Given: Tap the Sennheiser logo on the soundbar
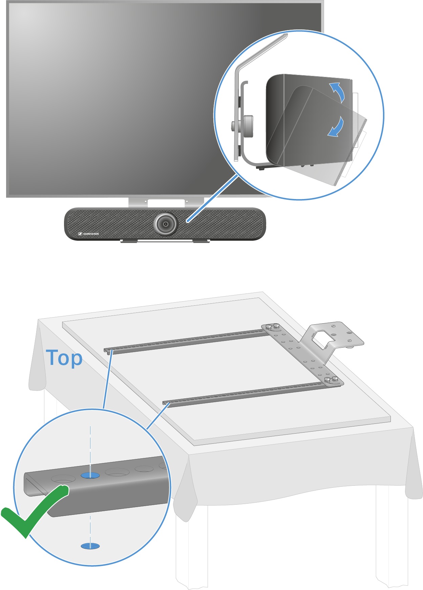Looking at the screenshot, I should (x=88, y=234).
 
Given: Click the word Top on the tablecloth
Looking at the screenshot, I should (x=64, y=358).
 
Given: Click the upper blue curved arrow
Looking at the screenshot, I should (x=338, y=91).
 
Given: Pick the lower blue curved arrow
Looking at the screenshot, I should (x=337, y=128).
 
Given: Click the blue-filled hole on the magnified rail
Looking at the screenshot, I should (x=90, y=475).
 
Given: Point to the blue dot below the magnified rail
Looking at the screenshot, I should (x=90, y=546).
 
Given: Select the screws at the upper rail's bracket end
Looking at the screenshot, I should (x=273, y=327).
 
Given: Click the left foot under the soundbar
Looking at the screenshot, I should (x=129, y=241).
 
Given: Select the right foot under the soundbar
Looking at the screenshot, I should (x=201, y=241).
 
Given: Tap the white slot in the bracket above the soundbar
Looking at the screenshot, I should (x=166, y=203).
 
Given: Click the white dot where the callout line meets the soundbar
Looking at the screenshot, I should (x=187, y=221).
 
